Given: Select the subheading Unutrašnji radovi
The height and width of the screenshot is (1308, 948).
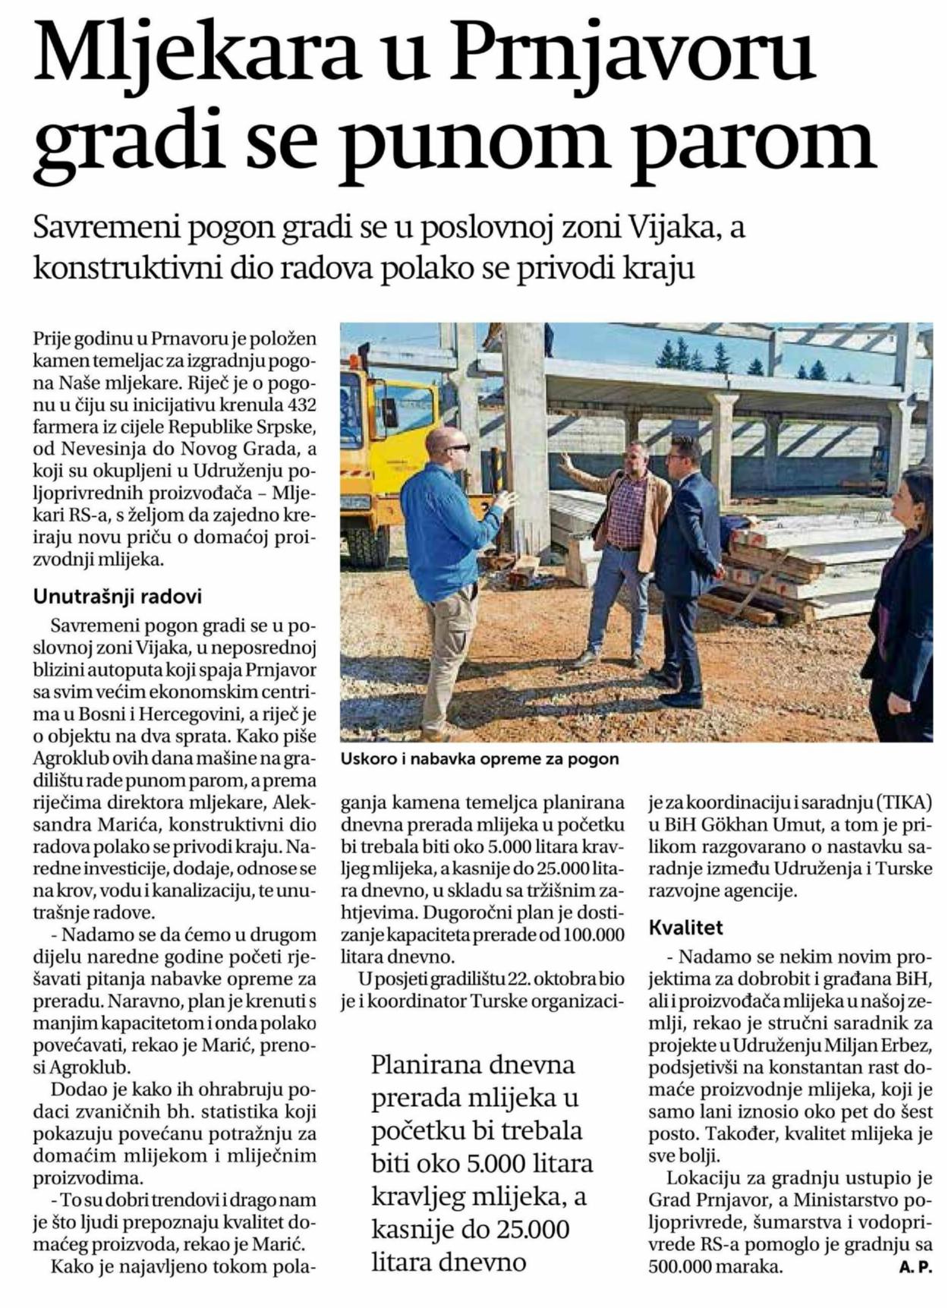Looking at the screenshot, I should coord(118,597).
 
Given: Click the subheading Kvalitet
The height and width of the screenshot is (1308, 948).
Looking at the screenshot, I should coord(685,927).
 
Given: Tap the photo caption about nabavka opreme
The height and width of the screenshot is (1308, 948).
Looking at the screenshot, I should coord(480,758).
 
